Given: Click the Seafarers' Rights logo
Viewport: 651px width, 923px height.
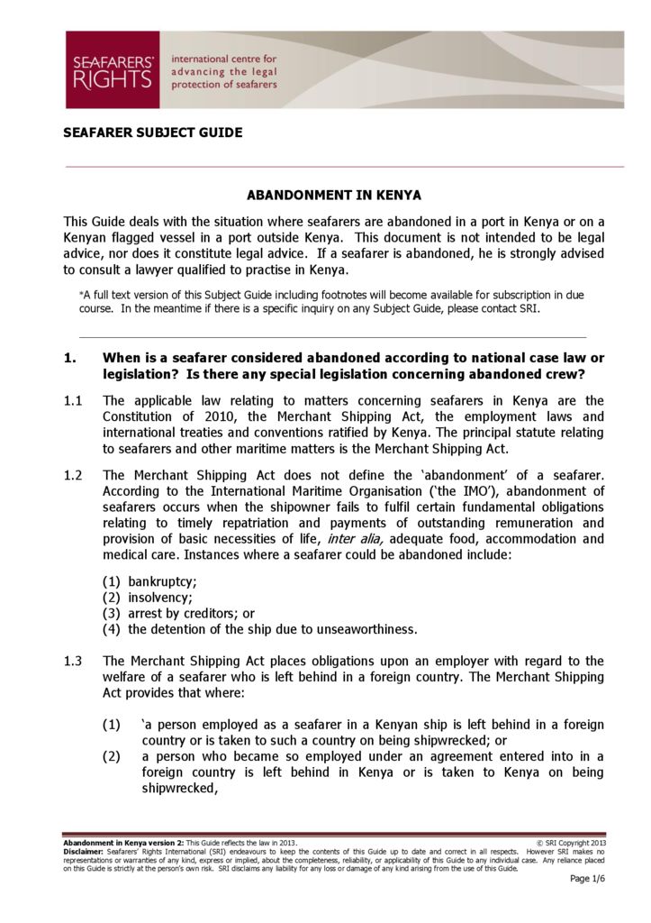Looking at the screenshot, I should (112, 69).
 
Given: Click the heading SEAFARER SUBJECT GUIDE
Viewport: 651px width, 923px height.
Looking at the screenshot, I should (152, 133).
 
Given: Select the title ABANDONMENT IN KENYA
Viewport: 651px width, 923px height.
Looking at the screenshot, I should (334, 195).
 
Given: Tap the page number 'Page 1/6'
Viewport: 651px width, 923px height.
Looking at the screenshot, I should (587, 879).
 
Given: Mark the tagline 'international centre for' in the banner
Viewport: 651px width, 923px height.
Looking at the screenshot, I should (223, 59).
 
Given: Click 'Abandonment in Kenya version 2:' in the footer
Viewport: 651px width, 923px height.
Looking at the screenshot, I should (123, 842).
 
